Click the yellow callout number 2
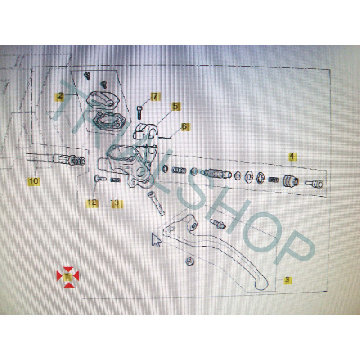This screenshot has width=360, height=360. pyautogui.click(x=60, y=96)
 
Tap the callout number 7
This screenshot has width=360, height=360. pyautogui.click(x=155, y=96)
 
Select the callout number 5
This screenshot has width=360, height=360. pyautogui.click(x=175, y=107)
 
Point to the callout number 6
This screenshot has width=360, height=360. pyautogui.click(x=184, y=126)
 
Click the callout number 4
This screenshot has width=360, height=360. pyautogui.click(x=292, y=157)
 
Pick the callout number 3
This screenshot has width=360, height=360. pyautogui.click(x=287, y=280)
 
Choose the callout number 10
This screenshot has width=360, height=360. pyautogui.click(x=34, y=181)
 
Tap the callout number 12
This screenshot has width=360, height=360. pyautogui.click(x=92, y=203)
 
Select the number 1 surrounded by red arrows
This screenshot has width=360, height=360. pyautogui.click(x=68, y=276)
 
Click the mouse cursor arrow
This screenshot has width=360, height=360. pyautogui.click(x=156, y=239)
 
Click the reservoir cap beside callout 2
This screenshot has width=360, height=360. pyautogui.click(x=103, y=100)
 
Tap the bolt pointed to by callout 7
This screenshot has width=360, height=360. pyautogui.click(x=139, y=112)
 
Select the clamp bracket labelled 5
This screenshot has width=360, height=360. pyautogui.click(x=145, y=131)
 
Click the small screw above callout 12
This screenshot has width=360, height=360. pyautogui.click(x=100, y=178)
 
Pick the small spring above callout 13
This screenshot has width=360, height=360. pyautogui.click(x=115, y=180)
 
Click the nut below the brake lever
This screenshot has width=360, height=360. pyautogui.click(x=189, y=261)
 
